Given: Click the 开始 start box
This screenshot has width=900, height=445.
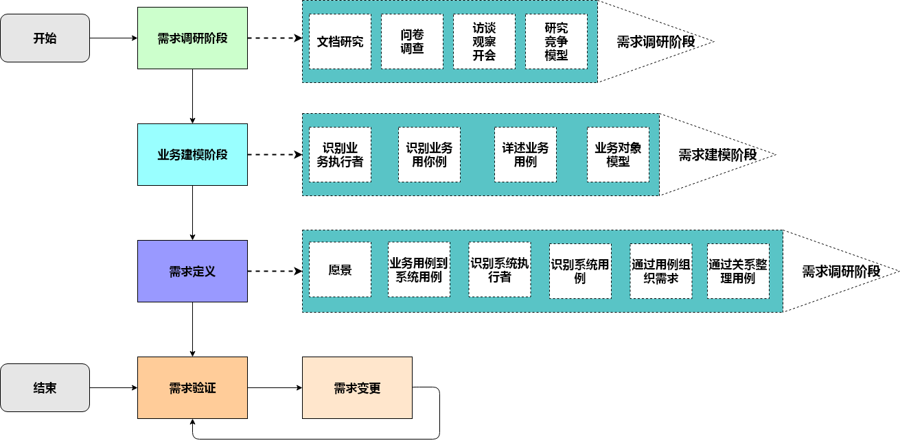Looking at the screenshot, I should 45,38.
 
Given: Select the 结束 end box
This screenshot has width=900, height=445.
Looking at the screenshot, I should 45,388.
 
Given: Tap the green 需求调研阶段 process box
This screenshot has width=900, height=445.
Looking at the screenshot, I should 192,38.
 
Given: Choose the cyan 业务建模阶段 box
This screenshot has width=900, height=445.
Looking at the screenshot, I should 192,155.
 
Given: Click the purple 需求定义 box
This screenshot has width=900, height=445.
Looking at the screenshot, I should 192,272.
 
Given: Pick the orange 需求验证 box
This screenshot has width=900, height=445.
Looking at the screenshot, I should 192,388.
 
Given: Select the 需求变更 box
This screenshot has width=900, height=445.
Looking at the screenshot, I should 357,388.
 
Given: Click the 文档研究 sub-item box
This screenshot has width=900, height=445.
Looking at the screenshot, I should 340,41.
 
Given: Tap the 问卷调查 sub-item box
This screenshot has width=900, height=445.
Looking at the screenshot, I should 412,41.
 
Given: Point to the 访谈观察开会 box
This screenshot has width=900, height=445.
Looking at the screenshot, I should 484,41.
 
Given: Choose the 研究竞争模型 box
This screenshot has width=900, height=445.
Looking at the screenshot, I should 556,41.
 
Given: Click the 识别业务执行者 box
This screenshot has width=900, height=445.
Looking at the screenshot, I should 340,155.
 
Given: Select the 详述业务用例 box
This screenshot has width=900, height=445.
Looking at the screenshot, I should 525,155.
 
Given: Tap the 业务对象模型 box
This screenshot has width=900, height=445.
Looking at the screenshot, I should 618,155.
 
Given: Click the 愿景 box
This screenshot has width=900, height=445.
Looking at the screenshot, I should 340,270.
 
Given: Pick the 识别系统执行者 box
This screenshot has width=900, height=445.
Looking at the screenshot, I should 499,270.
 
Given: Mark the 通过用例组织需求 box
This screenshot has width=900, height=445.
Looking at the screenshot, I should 661,271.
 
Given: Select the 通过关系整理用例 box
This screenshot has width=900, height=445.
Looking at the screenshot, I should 738,271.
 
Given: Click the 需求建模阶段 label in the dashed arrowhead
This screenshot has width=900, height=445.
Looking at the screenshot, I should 717,155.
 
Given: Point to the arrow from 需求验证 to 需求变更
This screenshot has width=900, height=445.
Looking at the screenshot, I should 275,388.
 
